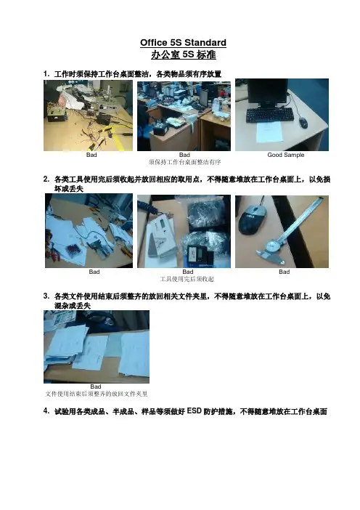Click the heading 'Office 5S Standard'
pyautogui.click(x=183, y=43)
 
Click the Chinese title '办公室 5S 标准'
pyautogui.click(x=183, y=54)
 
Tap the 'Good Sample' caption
pyautogui.click(x=285, y=155)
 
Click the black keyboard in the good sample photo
pyautogui.click(x=270, y=116)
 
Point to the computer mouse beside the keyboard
pyautogui.click(x=303, y=123)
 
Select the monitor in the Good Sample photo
pyautogui.click(x=268, y=93)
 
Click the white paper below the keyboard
pyautogui.click(x=269, y=132)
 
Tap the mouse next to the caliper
pyautogui.click(x=252, y=219)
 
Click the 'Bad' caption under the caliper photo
pyautogui.click(x=284, y=272)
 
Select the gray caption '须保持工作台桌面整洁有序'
pyautogui.click(x=184, y=162)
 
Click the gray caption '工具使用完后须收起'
pyautogui.click(x=187, y=279)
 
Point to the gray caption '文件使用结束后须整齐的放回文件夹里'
pyautogui.click(x=97, y=394)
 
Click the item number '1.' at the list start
pyautogui.click(x=46, y=74)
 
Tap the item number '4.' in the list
pyautogui.click(x=46, y=411)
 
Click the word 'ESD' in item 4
pyautogui.click(x=195, y=411)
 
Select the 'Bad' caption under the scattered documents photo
pyautogui.click(x=96, y=386)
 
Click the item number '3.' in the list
pyautogui.click(x=46, y=296)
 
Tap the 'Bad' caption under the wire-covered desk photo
pyautogui.click(x=91, y=155)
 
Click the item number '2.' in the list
pyautogui.click(x=46, y=179)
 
